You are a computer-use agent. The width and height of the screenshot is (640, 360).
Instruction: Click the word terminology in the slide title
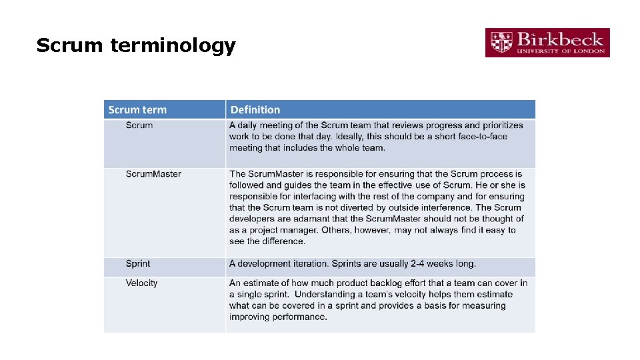(173, 46)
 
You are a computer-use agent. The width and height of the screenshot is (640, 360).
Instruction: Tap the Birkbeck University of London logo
(547, 43)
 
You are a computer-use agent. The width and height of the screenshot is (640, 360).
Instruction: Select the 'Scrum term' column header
(137, 110)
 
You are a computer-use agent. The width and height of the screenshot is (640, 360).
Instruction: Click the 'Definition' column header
(255, 110)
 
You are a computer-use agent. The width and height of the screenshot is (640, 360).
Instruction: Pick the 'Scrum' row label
(139, 125)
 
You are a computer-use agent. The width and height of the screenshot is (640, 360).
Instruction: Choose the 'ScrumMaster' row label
(153, 174)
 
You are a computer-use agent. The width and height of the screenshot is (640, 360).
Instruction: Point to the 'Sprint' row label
(138, 264)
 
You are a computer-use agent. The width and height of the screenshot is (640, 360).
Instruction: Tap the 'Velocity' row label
(141, 283)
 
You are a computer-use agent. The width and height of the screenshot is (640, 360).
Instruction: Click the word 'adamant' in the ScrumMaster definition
(313, 219)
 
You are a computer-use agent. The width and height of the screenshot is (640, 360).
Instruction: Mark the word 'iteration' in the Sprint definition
(308, 264)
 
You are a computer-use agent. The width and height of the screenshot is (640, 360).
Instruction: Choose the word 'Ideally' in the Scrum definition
(353, 137)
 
